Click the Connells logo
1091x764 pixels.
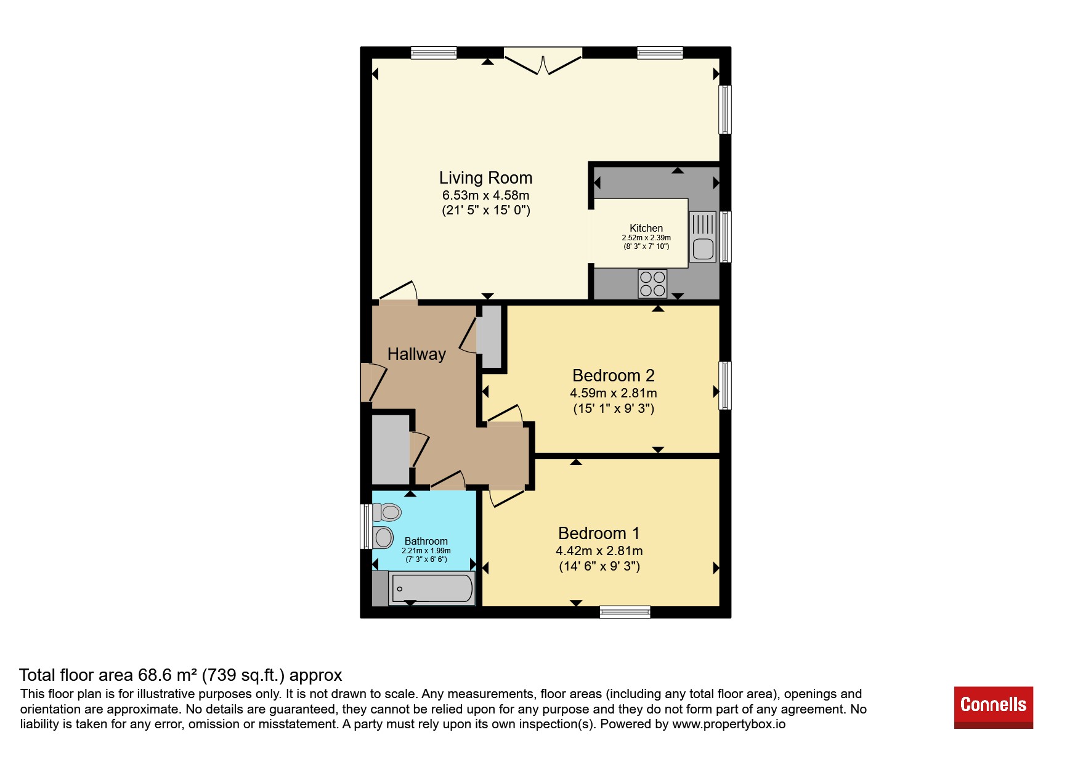click(993, 707)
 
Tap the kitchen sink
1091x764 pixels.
click(703, 237)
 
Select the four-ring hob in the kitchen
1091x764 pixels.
click(652, 284)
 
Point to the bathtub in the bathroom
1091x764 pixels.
click(432, 588)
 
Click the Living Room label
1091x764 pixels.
click(485, 178)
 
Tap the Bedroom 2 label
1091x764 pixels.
click(613, 376)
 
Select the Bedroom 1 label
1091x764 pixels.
click(599, 534)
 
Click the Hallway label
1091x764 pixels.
click(416, 354)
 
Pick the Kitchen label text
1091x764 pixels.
click(646, 228)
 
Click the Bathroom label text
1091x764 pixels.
click(426, 541)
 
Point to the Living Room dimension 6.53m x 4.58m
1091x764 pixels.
click(485, 195)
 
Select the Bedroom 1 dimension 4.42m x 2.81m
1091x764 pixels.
click(599, 551)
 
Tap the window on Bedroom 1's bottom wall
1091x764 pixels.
click(625, 612)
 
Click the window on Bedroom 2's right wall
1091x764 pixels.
click(725, 386)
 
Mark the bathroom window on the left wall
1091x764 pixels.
click(366, 527)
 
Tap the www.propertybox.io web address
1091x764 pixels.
click(729, 725)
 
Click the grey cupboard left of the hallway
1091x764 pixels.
click(391, 449)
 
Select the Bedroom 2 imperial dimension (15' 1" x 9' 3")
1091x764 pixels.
click(614, 408)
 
